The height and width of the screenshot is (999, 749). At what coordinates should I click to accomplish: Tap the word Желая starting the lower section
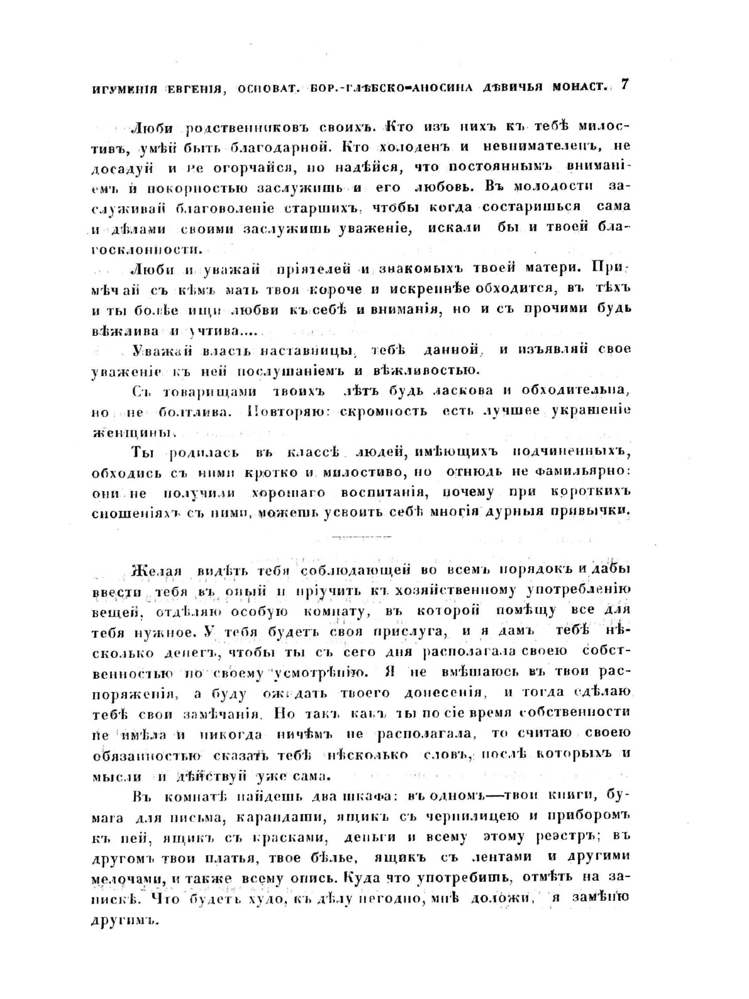click(155, 571)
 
